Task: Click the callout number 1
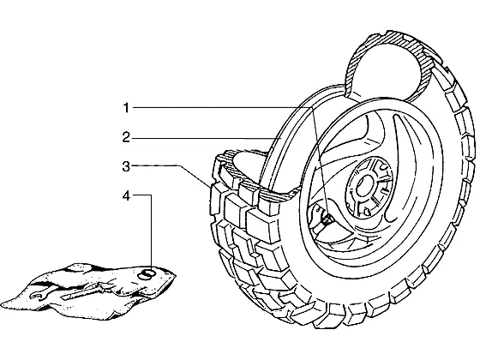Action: pyautogui.click(x=126, y=108)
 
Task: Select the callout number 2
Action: pyautogui.click(x=126, y=137)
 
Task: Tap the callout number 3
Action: pyautogui.click(x=126, y=167)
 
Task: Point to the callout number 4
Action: pyautogui.click(x=126, y=196)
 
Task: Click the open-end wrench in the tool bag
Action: pyautogui.click(x=39, y=296)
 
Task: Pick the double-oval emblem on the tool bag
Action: pyautogui.click(x=147, y=273)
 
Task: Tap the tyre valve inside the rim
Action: pyautogui.click(x=327, y=219)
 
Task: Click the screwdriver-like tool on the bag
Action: pyautogui.click(x=82, y=291)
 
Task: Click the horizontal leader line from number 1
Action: pyautogui.click(x=221, y=107)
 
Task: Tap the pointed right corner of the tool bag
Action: pyautogui.click(x=176, y=275)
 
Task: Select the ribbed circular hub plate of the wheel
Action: pyautogui.click(x=369, y=187)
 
